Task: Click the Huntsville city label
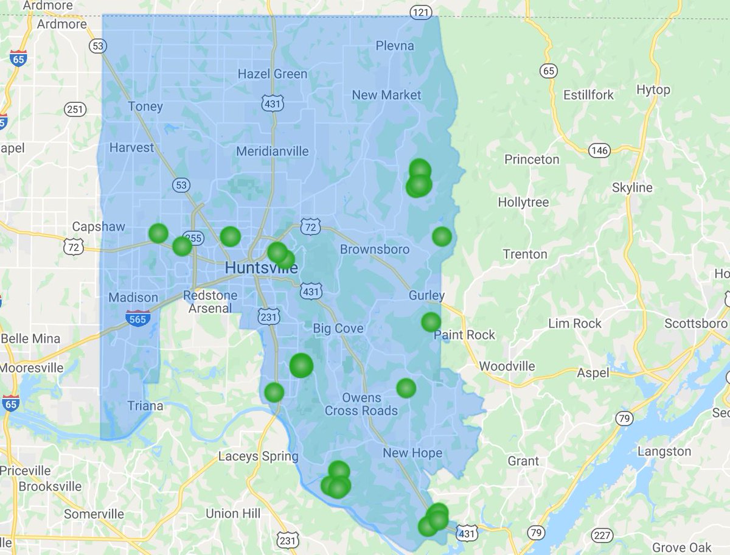pos(261,268)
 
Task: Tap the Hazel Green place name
pos(272,74)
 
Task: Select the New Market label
pos(386,95)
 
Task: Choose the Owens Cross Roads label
pos(361,404)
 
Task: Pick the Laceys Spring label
pos(259,456)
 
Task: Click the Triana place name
pos(145,406)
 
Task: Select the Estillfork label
pos(588,95)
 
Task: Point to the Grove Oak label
pos(681,547)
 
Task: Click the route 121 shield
pos(420,12)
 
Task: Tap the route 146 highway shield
pos(599,150)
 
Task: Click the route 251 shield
pos(75,110)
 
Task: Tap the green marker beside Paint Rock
pos(431,322)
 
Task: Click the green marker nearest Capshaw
pos(158,233)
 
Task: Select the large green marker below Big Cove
pos(301,366)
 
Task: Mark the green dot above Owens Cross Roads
pos(406,388)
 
